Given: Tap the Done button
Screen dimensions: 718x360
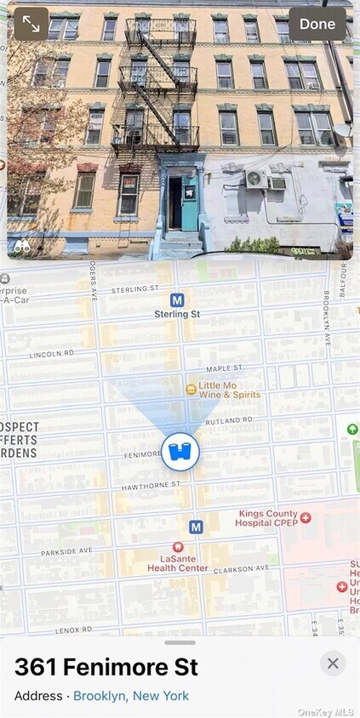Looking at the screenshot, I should [x=317, y=24].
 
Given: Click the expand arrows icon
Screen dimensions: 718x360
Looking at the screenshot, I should [x=31, y=24].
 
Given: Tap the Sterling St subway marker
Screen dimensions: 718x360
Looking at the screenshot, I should [x=177, y=299].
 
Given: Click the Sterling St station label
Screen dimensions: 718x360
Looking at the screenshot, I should [x=177, y=314].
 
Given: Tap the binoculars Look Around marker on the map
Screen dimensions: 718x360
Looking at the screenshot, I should [x=180, y=451].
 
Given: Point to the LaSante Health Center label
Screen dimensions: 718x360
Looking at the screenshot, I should [x=178, y=563].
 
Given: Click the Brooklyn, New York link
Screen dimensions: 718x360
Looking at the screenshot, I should [x=131, y=696].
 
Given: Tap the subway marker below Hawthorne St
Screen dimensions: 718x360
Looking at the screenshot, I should [x=196, y=527].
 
